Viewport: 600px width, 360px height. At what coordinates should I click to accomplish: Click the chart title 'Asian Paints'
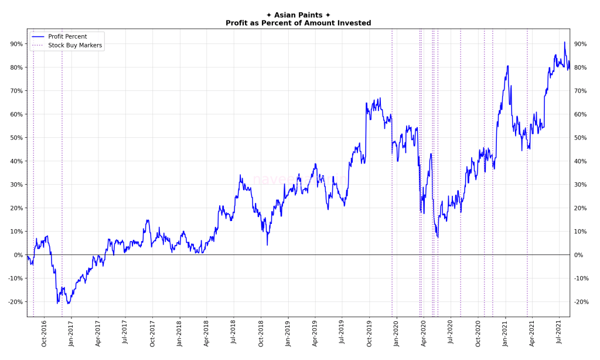pos(298,15)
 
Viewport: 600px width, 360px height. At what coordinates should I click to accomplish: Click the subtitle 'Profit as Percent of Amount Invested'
pos(298,23)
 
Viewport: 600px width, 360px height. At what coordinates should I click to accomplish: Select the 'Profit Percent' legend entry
pos(67,36)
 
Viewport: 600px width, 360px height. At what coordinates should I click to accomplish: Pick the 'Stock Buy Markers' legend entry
pos(74,45)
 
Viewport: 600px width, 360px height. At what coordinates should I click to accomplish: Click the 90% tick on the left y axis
pos(16,44)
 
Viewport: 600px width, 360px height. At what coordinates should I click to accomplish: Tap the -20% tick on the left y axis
pos(15,302)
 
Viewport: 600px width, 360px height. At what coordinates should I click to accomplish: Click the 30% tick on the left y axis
pos(16,185)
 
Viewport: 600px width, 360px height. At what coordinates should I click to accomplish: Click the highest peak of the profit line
pos(565,42)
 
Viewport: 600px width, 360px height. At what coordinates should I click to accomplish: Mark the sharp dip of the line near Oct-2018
pos(267,244)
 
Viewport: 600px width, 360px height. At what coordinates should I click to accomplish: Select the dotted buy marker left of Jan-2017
pos(62,176)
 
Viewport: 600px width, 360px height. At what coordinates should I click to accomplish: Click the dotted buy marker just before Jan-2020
pos(392,176)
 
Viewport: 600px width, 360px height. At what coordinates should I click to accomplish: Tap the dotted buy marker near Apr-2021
pos(527,176)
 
